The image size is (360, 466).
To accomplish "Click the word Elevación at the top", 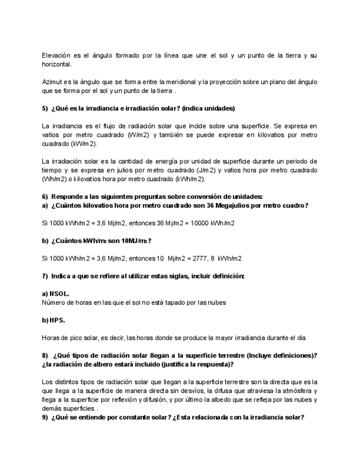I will tap(58, 56).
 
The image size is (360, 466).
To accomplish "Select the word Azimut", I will tap(52, 82).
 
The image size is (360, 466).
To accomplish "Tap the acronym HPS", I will tap(57, 320).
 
